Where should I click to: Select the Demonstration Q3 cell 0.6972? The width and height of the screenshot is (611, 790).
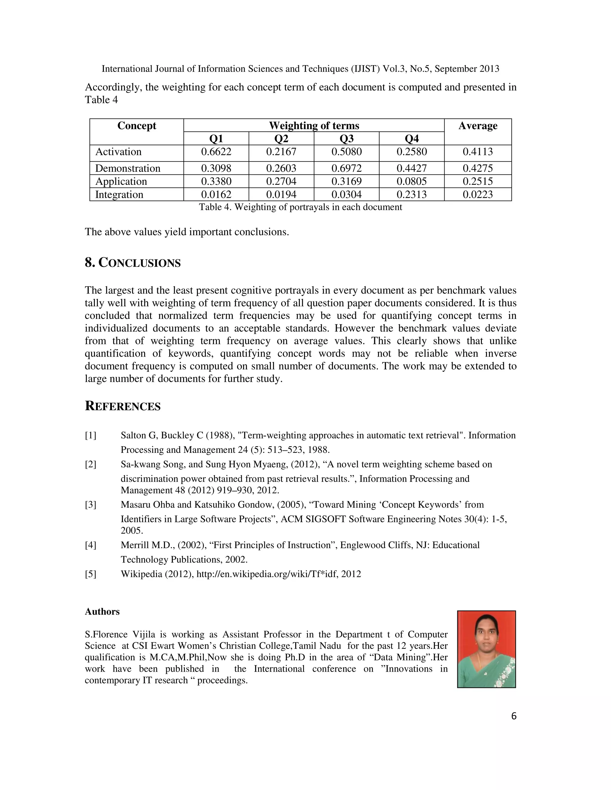point(346,168)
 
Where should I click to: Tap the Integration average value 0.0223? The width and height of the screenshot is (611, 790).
point(477,195)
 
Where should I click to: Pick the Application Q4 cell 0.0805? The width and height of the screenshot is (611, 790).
point(411,181)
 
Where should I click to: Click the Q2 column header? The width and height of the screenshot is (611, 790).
point(281,139)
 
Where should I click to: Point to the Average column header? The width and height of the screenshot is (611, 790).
point(477,126)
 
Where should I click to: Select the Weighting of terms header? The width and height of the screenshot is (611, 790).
point(314,126)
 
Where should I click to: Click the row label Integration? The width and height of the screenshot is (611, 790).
point(119,195)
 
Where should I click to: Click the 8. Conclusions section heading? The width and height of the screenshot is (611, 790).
point(132,263)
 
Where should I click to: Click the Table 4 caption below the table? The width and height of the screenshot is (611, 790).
point(300,207)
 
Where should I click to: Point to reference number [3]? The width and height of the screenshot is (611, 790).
point(90,505)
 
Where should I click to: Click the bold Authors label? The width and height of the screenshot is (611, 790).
point(102,612)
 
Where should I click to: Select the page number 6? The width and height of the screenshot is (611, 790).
point(514,716)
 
